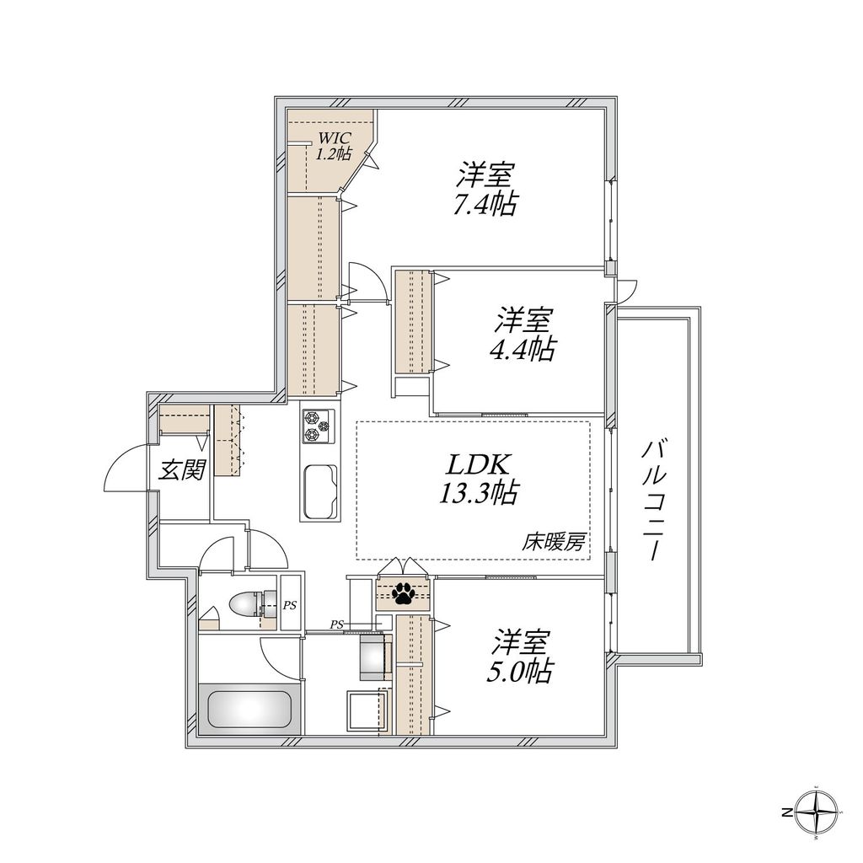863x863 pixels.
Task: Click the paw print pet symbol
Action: click(404, 594)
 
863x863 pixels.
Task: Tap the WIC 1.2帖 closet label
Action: click(334, 146)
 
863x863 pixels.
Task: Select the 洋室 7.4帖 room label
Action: click(485, 190)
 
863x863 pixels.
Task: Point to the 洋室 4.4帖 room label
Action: click(523, 335)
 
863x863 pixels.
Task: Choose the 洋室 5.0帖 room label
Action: click(523, 657)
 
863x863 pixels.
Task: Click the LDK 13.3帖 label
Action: click(477, 478)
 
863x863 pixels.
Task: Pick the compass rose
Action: click(817, 814)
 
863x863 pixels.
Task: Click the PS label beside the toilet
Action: click(289, 604)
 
